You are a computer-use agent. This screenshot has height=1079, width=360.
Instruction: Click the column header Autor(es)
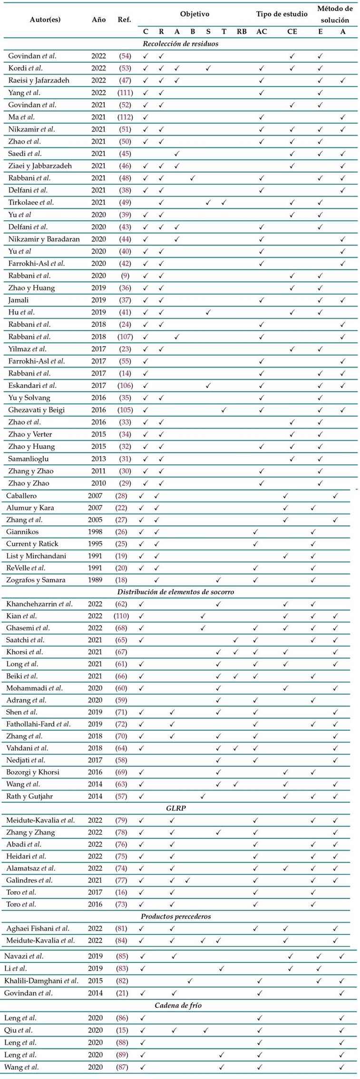45,20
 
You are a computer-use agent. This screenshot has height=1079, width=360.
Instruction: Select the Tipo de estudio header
282,14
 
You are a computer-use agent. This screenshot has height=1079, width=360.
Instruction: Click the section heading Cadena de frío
175,1005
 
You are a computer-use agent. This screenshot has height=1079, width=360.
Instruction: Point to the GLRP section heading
175,808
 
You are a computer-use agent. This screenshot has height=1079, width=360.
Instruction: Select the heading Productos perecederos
175,916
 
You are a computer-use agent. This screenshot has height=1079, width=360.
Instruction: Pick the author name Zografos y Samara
36,580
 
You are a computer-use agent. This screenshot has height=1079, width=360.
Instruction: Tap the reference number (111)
125,93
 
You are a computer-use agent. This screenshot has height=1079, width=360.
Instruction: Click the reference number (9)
125,275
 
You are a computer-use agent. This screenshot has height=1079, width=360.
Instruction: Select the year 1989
95,580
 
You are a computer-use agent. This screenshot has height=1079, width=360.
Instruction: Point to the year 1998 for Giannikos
95,531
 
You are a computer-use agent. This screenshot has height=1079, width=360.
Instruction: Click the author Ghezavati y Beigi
36,410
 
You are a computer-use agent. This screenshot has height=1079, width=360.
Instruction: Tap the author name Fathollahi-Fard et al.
38,724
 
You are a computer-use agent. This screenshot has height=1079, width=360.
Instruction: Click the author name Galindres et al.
29,880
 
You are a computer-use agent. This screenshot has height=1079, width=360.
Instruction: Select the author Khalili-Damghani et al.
41,981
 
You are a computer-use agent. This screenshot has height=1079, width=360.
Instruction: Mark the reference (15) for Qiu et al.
121,1030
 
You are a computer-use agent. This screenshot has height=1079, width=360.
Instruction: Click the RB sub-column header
242,32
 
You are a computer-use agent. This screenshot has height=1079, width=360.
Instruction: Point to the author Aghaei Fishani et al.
38,928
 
